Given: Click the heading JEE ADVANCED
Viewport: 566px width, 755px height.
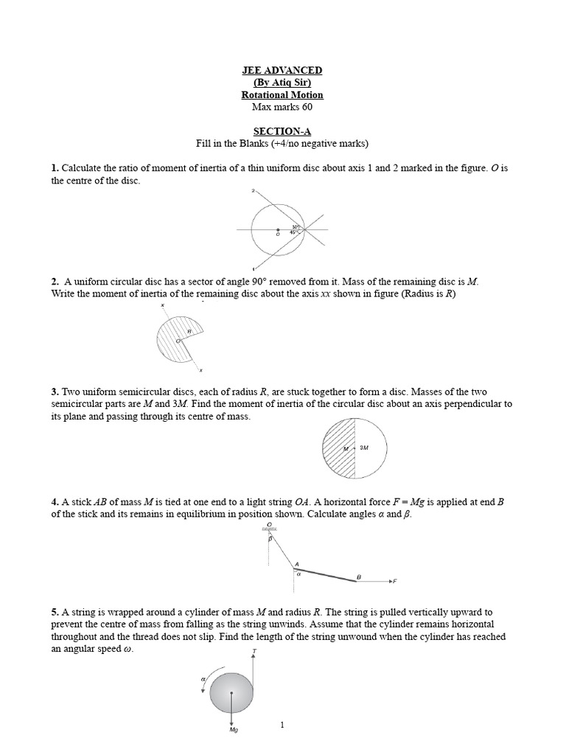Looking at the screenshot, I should pyautogui.click(x=282, y=70).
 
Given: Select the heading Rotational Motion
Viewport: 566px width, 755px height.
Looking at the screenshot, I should pyautogui.click(x=282, y=95).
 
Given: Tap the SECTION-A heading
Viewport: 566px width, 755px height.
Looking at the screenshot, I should pyautogui.click(x=282, y=131).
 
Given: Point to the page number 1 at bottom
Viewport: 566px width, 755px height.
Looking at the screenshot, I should pyautogui.click(x=282, y=726).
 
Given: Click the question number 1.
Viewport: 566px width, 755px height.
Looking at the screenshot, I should pyautogui.click(x=54, y=168).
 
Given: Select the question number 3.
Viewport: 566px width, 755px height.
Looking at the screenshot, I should pyautogui.click(x=54, y=392).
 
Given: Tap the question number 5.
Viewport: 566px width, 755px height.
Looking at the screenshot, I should pyautogui.click(x=54, y=612).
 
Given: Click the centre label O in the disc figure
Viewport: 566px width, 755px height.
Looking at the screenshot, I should pyautogui.click(x=278, y=234).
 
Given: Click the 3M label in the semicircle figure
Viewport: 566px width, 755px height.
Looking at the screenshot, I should pyautogui.click(x=363, y=448).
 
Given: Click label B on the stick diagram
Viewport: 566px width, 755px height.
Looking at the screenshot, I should pyautogui.click(x=359, y=576).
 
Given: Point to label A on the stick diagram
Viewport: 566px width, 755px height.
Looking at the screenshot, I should pyautogui.click(x=297, y=565).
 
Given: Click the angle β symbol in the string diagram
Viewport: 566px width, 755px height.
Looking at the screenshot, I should pyautogui.click(x=270, y=540).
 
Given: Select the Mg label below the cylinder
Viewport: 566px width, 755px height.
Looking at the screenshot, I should pyautogui.click(x=233, y=729).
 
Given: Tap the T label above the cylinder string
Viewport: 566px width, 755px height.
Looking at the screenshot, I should pyautogui.click(x=254, y=651).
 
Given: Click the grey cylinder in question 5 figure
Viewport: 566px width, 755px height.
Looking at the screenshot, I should pyautogui.click(x=231, y=692).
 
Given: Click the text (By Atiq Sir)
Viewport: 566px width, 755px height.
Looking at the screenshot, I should pyautogui.click(x=282, y=83).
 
